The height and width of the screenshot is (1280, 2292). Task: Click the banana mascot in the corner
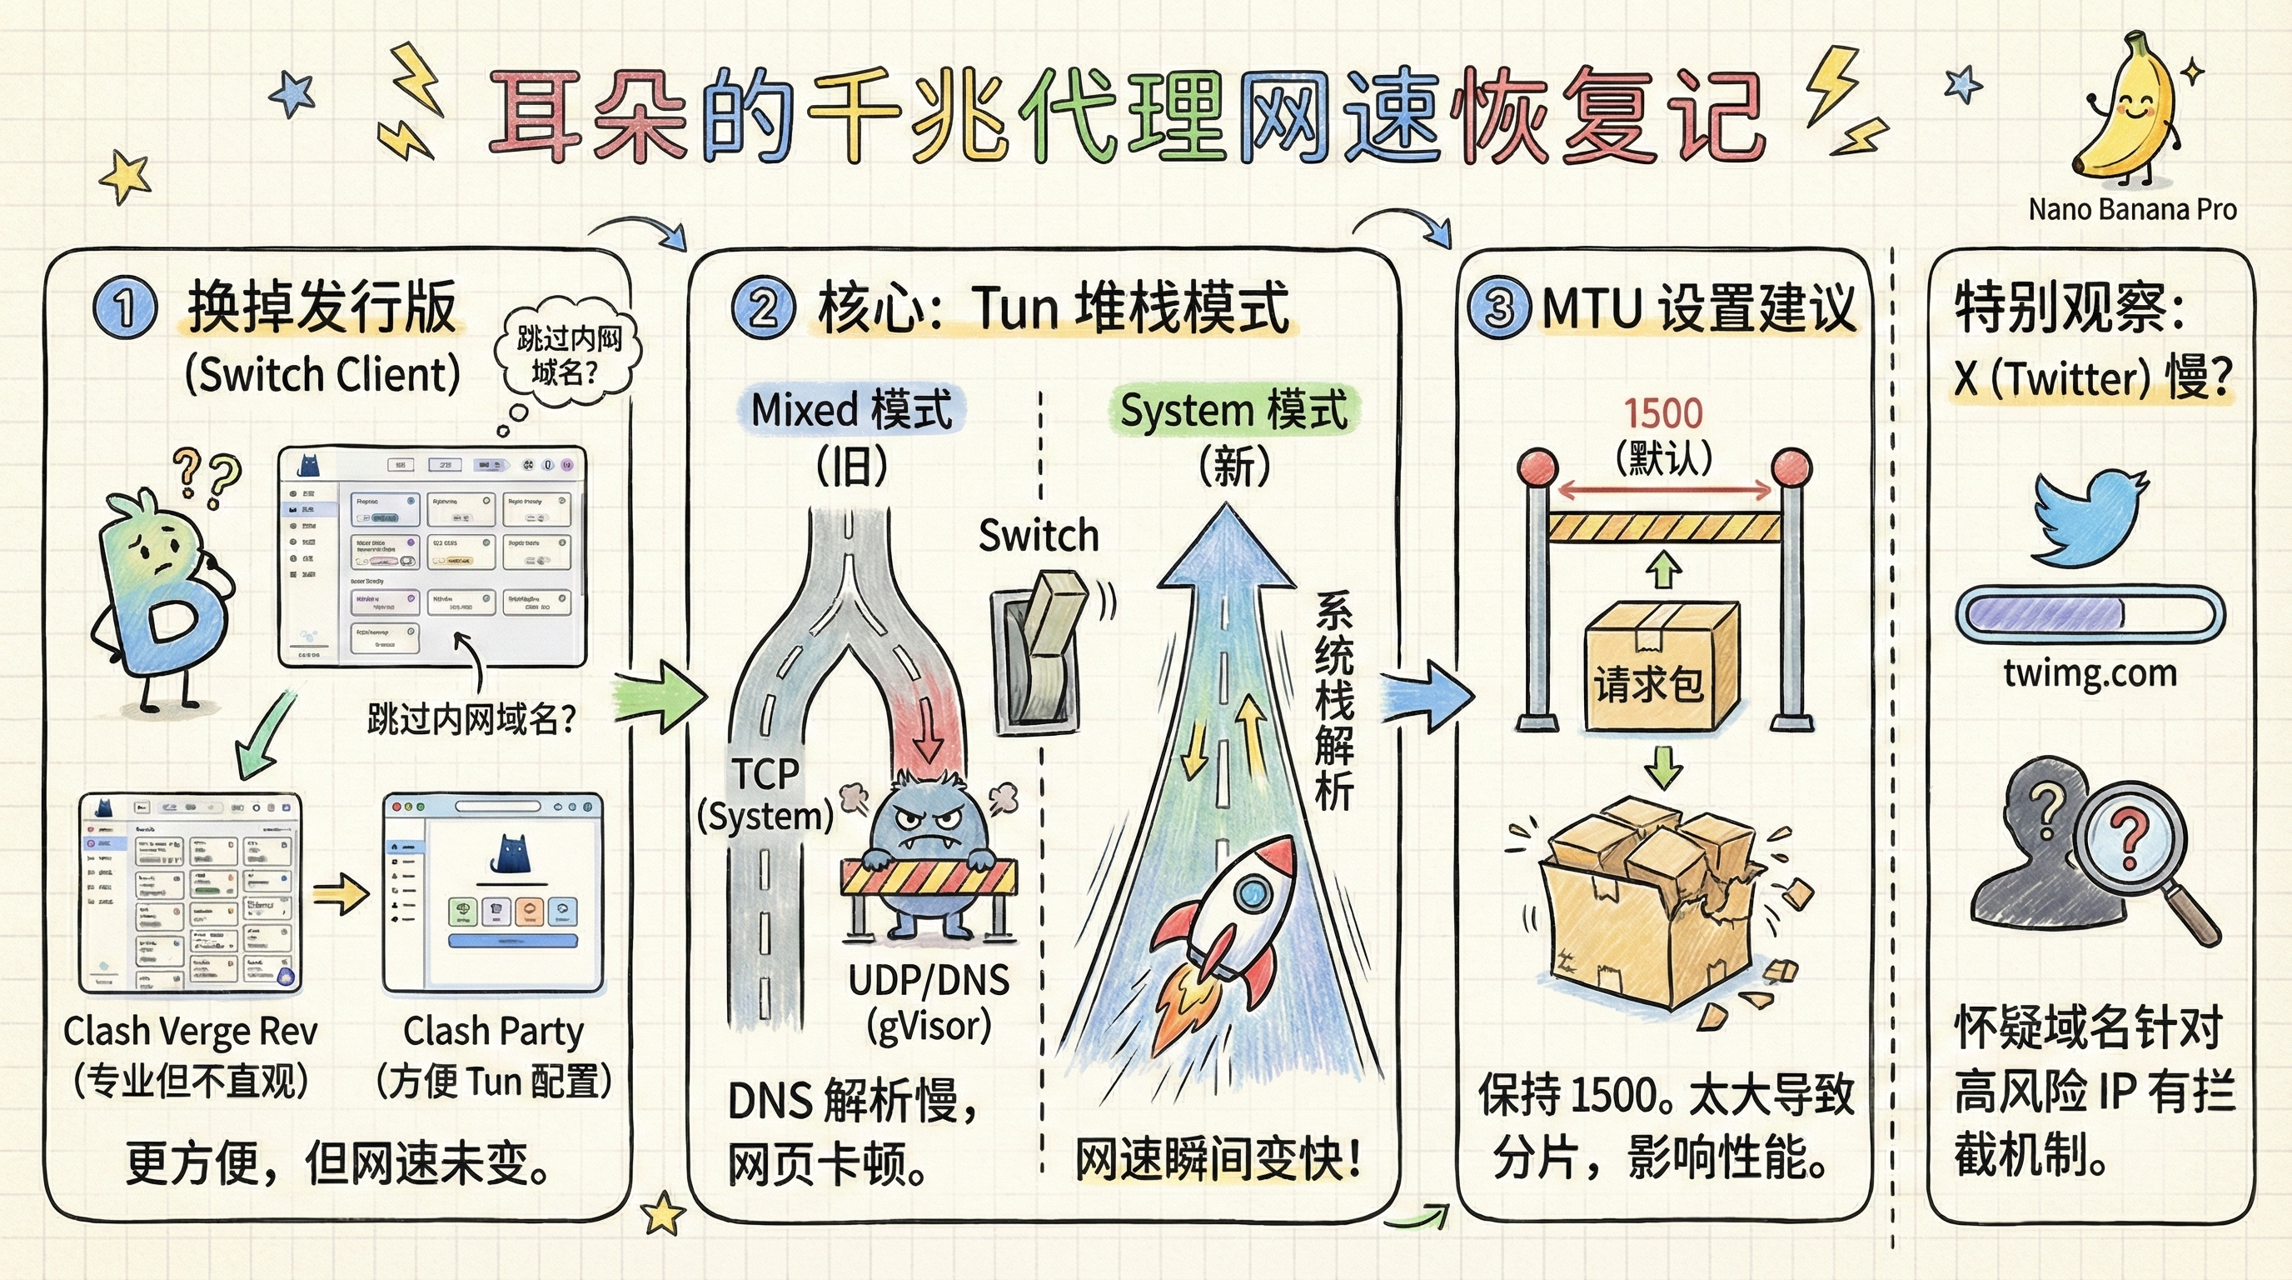[x=2126, y=116]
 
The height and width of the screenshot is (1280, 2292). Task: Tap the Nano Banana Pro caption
[x=2132, y=210]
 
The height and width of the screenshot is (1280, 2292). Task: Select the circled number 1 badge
[x=125, y=308]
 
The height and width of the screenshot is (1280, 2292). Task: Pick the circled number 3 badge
[x=1500, y=308]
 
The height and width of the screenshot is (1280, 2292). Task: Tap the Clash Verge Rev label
[x=191, y=1032]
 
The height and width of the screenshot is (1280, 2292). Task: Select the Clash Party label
[x=494, y=1032]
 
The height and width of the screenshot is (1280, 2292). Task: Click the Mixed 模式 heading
[x=851, y=410]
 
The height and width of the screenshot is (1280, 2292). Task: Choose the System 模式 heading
[x=1234, y=410]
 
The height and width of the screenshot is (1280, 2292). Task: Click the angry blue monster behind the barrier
[x=929, y=846]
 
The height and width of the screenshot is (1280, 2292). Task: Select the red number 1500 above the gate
[x=1663, y=414]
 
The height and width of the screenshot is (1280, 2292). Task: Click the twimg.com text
[x=2090, y=673]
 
